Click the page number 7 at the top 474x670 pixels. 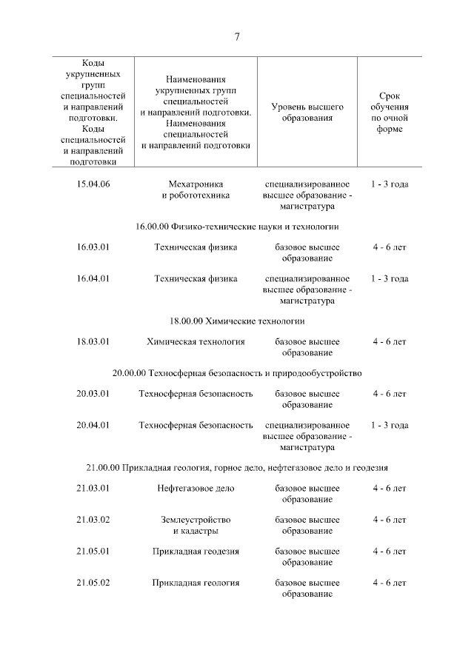(x=237, y=38)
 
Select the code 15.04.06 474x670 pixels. (x=93, y=184)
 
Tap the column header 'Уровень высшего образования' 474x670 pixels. (x=307, y=113)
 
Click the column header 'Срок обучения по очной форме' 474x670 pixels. (x=389, y=113)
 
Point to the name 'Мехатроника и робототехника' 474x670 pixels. (x=196, y=190)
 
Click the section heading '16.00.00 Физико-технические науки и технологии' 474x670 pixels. (x=237, y=227)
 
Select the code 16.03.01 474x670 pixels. (x=93, y=247)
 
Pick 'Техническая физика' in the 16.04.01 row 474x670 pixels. (x=196, y=279)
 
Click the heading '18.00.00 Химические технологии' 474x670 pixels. (x=237, y=321)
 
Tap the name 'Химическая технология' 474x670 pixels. (x=196, y=342)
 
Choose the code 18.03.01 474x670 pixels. (x=93, y=342)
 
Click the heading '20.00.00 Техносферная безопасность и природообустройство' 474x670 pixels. (x=237, y=373)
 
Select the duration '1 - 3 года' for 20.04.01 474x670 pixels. (x=389, y=426)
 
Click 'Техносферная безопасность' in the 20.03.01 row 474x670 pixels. (x=196, y=394)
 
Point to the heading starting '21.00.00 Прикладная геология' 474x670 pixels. (x=237, y=468)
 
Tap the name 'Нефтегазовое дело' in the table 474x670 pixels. (x=196, y=489)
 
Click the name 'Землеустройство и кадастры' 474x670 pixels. (x=196, y=525)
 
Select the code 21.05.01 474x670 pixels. (x=93, y=552)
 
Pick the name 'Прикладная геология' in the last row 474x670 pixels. (x=196, y=583)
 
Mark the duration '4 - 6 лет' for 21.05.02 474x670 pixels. (x=389, y=583)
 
